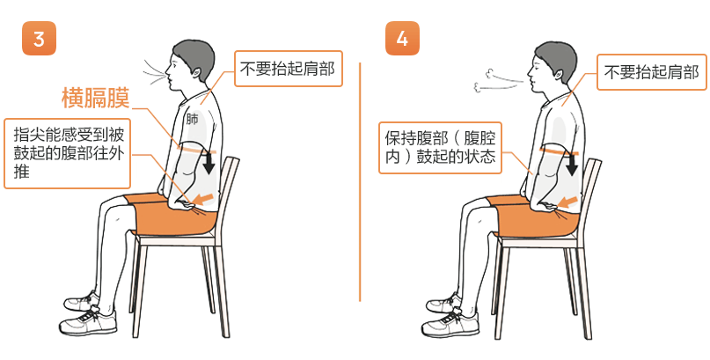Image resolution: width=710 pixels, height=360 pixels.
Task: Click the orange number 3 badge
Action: click(39, 39)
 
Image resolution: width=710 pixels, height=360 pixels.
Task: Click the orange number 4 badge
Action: click(402, 39)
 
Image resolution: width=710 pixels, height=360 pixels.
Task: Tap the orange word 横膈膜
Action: click(96, 99)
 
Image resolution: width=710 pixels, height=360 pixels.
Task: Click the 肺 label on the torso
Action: click(192, 120)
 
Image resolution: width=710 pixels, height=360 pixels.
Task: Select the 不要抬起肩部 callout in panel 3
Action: click(288, 69)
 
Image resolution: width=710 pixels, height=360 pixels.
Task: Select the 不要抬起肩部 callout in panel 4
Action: click(652, 72)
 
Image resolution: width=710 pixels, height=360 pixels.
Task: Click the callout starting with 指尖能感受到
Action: click(67, 153)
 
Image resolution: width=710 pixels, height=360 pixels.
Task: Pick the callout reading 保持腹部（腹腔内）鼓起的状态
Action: click(440, 148)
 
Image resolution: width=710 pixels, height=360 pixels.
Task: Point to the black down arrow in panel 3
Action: click(209, 162)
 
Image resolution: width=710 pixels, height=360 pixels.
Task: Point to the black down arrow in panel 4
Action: click(572, 164)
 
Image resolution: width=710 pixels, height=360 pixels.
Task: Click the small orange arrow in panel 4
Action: click(567, 201)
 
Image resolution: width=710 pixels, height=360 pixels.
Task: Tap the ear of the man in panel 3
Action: click(196, 71)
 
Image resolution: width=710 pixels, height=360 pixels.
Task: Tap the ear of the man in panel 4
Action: click(559, 73)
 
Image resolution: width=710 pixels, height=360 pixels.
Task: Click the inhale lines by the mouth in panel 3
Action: click(154, 72)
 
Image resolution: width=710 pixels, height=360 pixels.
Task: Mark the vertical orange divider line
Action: click(360, 181)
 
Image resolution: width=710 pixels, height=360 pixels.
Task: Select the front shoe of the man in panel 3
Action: click(88, 321)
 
